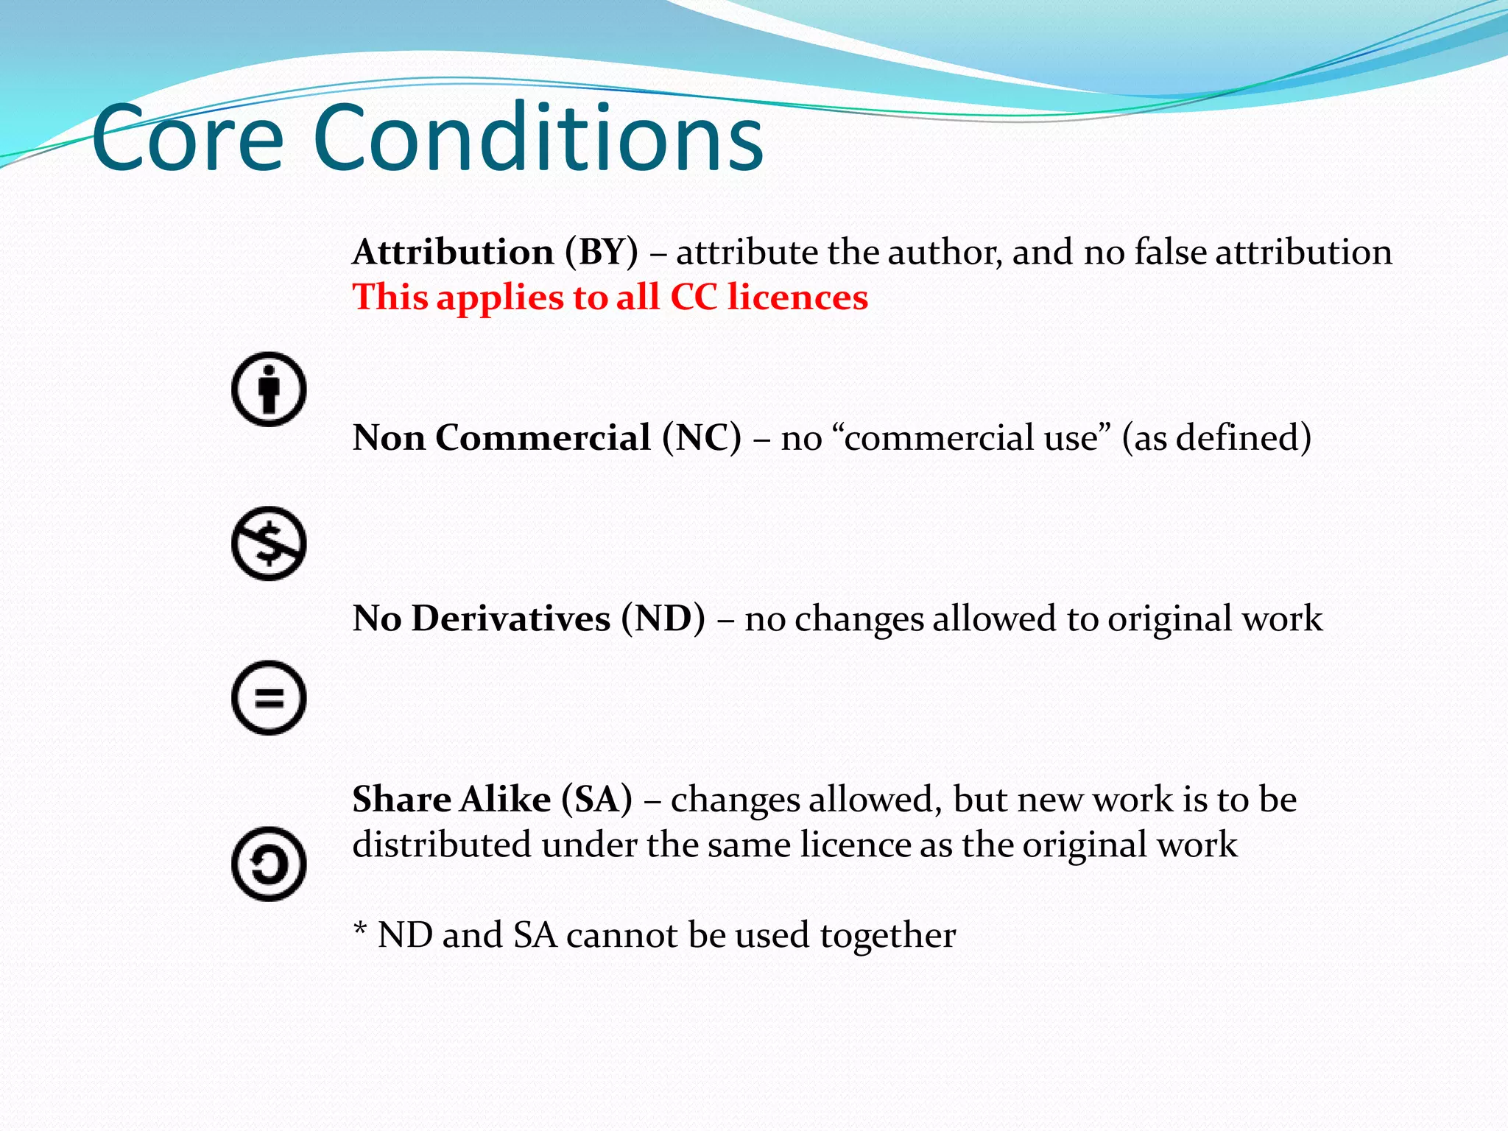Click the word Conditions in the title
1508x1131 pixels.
[538, 138]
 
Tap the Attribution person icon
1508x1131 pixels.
[269, 389]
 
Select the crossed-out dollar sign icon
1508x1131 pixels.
[269, 543]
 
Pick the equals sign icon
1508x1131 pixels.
[269, 697]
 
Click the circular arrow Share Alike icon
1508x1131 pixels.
[269, 864]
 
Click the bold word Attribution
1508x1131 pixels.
[453, 253]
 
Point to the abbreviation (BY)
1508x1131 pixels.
[602, 253]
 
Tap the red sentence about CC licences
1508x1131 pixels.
[610, 297]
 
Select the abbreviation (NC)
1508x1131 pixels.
[701, 438]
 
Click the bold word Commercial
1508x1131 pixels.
[543, 438]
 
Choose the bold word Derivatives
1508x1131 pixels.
[510, 619]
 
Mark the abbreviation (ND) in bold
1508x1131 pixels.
[663, 619]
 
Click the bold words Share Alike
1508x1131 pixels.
[451, 800]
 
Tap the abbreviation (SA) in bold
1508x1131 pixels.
[596, 800]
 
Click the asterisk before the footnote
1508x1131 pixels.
[360, 929]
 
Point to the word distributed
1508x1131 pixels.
[441, 845]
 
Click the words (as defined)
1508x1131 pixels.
[1216, 438]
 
